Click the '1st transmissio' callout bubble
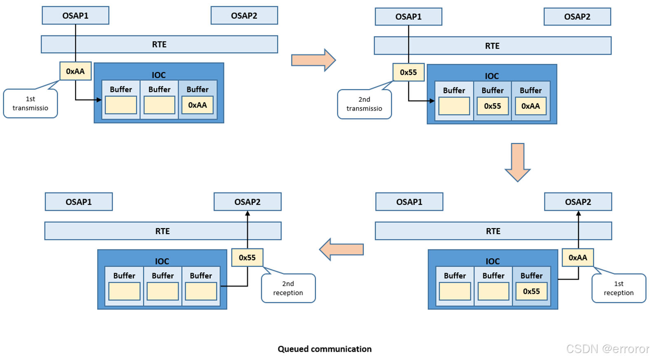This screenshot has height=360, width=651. pyautogui.click(x=30, y=103)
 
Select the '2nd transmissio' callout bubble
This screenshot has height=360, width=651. pyautogui.click(x=364, y=104)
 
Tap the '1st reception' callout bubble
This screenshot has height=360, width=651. pyautogui.click(x=618, y=288)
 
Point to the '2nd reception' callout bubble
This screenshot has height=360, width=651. pyautogui.click(x=288, y=288)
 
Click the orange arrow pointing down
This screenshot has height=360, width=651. pyautogui.click(x=518, y=162)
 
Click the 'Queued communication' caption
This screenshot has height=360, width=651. pyautogui.click(x=324, y=349)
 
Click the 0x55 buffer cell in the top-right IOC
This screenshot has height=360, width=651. pyautogui.click(x=492, y=106)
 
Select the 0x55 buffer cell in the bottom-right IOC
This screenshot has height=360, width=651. pyautogui.click(x=531, y=291)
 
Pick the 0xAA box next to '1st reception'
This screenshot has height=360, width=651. pyautogui.click(x=578, y=257)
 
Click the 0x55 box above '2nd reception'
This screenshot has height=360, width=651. pyautogui.click(x=247, y=257)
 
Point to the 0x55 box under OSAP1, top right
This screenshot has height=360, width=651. pyautogui.click(x=408, y=72)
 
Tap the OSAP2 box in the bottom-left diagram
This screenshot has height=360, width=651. pyautogui.click(x=247, y=202)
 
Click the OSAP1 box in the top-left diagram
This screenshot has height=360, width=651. pyautogui.click(x=75, y=16)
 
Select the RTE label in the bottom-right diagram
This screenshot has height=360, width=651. pyautogui.click(x=493, y=231)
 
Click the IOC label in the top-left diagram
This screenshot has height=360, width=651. pyautogui.click(x=159, y=75)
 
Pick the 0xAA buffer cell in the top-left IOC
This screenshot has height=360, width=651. pyautogui.click(x=197, y=105)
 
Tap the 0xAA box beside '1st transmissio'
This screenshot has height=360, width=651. pyautogui.click(x=75, y=71)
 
